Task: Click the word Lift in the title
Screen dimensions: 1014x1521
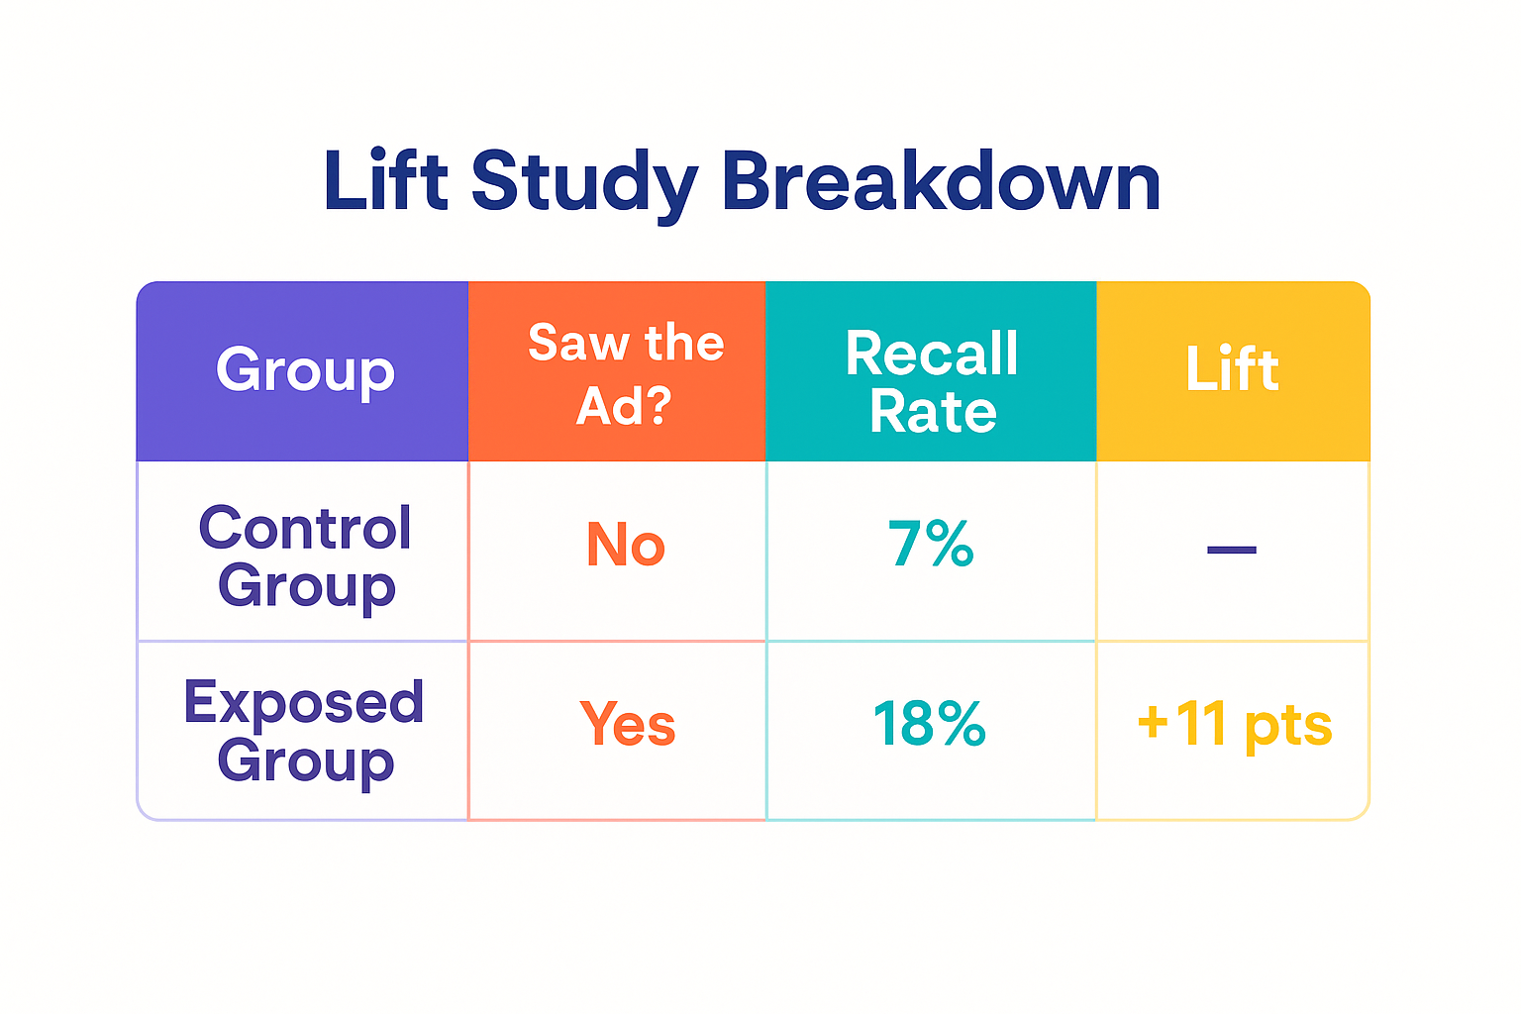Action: (385, 181)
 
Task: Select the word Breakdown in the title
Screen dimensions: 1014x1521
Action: (941, 181)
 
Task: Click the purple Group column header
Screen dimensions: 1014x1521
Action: (305, 371)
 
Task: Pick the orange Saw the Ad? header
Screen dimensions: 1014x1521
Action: (626, 373)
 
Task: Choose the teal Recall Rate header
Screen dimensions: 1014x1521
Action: (932, 381)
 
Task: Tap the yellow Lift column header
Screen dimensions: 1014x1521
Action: (1233, 370)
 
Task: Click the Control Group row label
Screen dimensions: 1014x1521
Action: (305, 557)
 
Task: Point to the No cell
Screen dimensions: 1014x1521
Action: (626, 546)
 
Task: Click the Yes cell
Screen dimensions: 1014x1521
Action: (628, 724)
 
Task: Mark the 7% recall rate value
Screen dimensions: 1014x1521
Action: (931, 545)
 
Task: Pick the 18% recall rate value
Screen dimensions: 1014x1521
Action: (930, 724)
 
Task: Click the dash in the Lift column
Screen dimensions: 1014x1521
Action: (1232, 550)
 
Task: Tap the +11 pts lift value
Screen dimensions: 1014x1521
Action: (1234, 724)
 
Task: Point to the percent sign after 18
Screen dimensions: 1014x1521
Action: (961, 724)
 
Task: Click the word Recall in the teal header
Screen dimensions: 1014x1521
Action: (932, 353)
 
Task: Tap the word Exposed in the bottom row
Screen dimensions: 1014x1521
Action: (304, 703)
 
